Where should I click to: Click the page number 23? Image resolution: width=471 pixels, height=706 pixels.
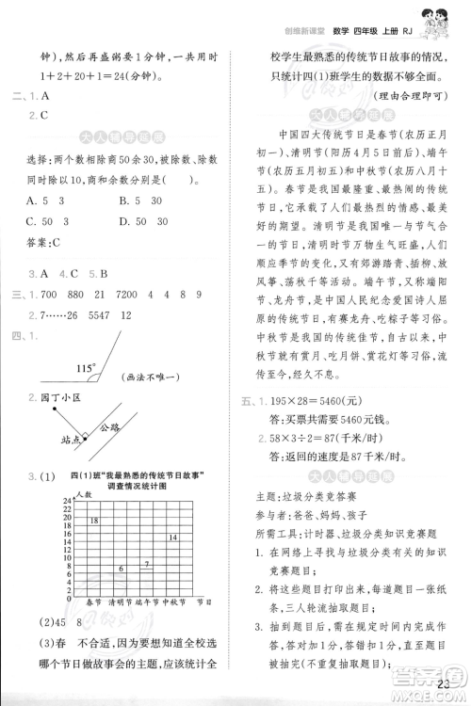[x=446, y=684]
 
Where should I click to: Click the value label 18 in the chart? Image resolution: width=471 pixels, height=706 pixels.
[x=93, y=520]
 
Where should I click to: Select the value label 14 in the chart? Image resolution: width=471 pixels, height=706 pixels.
[x=173, y=538]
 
